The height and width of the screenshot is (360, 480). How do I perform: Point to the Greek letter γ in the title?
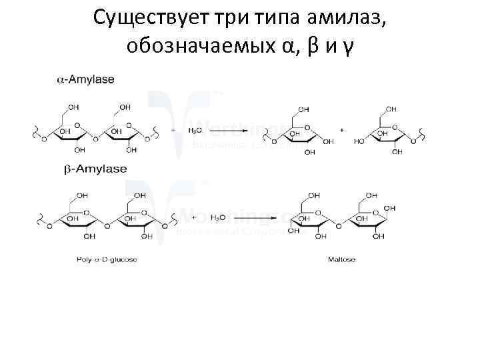click(349, 47)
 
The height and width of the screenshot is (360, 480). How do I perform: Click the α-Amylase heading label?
click(85, 79)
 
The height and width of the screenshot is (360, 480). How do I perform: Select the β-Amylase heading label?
click(95, 169)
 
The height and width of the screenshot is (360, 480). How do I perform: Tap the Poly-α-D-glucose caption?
click(107, 259)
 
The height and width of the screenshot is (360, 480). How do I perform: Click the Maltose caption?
click(341, 259)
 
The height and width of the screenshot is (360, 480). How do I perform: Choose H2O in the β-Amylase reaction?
click(217, 217)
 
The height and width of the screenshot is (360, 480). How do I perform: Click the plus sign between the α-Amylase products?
click(342, 131)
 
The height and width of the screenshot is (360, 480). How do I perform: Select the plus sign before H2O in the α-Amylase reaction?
click(173, 131)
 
